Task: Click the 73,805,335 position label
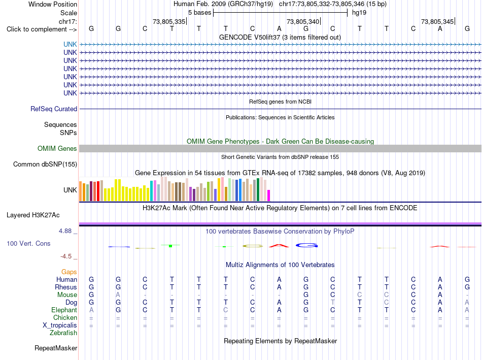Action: pos(169,21)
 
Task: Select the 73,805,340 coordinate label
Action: pos(303,21)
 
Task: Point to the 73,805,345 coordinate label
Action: pos(437,21)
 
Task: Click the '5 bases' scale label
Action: pos(200,13)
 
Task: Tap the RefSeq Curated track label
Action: pos(54,109)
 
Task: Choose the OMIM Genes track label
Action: pos(57,149)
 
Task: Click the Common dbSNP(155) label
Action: pos(45,165)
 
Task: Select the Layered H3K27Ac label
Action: pos(33,215)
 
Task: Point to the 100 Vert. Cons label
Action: pos(28,243)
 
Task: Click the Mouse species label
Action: pos(67,295)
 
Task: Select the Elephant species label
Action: pos(64,310)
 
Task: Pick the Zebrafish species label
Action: pos(63,333)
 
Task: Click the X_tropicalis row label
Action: pos(60,325)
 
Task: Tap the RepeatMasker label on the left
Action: pos(56,348)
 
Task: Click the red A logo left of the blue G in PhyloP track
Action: pos(279,246)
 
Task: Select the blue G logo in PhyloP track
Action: pos(306,245)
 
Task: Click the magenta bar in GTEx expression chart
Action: pos(269,195)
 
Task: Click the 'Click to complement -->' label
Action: pos(42,29)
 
